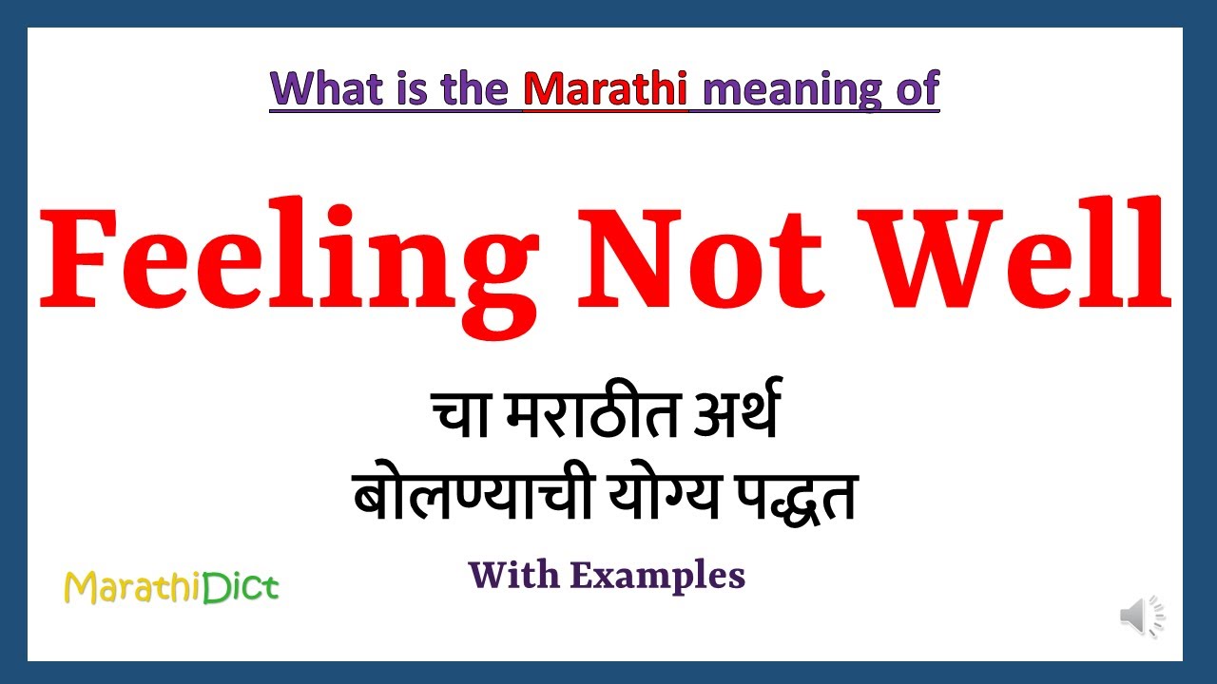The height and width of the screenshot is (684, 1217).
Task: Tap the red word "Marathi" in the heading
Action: [606, 88]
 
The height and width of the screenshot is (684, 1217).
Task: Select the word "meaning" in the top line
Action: [786, 90]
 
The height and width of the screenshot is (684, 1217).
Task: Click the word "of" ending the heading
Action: [917, 88]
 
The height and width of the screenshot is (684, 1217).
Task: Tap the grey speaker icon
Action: [1141, 617]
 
